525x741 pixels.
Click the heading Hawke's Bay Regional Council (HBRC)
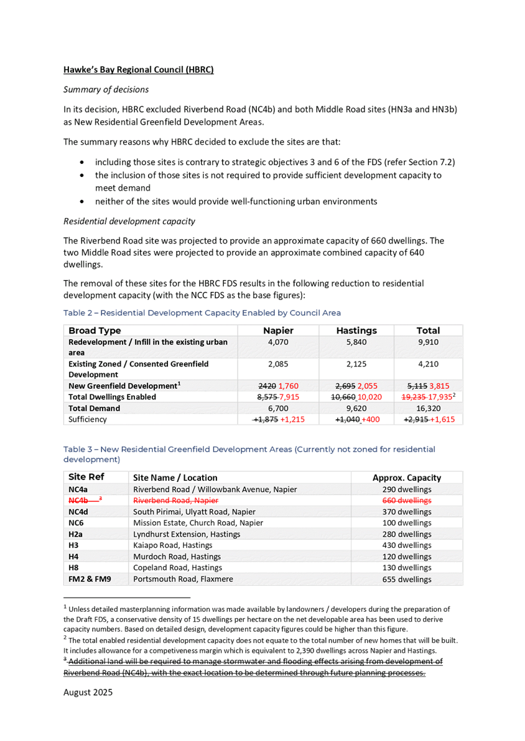point(138,70)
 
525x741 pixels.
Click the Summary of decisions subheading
point(106,89)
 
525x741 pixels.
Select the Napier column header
point(278,330)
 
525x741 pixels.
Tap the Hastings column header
point(356,330)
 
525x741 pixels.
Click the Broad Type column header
point(95,330)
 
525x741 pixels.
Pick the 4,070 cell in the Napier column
point(278,342)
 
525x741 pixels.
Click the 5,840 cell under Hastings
point(356,342)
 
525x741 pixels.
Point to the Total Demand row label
point(94,408)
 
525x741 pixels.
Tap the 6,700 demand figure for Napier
point(278,408)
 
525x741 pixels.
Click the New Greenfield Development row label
point(124,386)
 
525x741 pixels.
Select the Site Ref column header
point(86,478)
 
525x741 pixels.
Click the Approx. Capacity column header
point(407,478)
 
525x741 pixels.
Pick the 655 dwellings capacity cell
point(407,579)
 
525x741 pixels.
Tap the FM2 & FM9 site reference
point(91,579)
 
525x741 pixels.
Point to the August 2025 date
point(88,691)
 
